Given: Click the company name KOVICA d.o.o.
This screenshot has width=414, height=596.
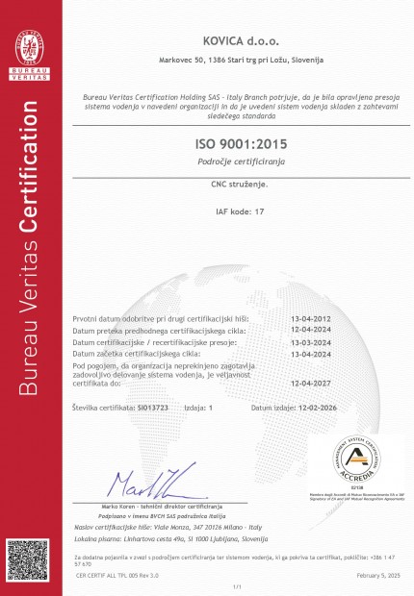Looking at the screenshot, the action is [240, 41].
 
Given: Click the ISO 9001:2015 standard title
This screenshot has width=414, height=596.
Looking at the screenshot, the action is [240, 143].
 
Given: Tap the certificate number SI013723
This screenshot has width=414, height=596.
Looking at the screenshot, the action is [154, 408].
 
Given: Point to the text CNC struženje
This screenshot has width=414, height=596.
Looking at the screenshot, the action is [240, 181].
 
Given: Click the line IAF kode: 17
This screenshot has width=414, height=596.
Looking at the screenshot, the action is [240, 209].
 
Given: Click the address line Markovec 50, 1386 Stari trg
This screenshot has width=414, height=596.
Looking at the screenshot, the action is [240, 60].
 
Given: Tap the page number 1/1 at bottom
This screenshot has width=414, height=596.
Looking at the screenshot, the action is [237, 585].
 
